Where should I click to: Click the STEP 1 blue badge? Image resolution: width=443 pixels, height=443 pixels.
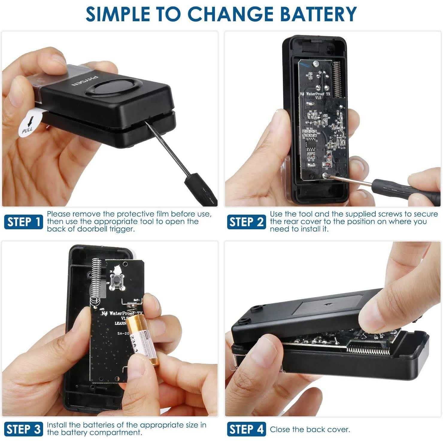24,222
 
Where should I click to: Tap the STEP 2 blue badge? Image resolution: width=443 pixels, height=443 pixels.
246,222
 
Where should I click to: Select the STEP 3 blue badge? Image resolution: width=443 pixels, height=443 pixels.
24,429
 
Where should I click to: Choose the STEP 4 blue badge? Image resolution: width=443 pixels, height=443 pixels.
246,429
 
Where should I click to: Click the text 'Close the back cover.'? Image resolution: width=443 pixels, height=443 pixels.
310,430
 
